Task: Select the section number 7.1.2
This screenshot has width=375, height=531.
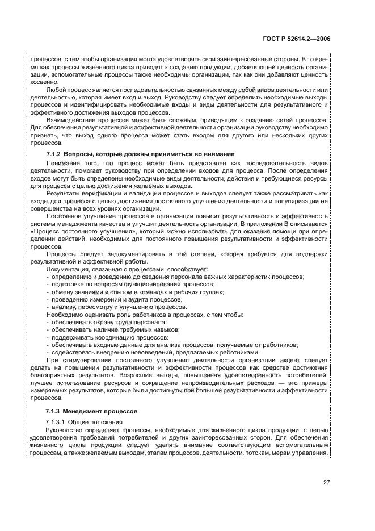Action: pos(53,154)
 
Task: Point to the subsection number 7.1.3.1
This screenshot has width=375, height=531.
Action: pos(57,423)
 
